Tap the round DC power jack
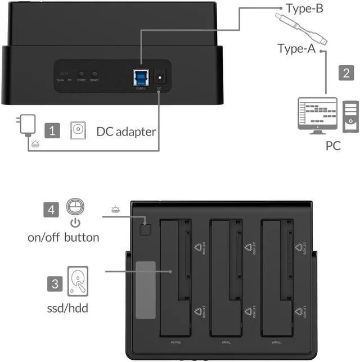click(x=160, y=78)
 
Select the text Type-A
click(x=296, y=48)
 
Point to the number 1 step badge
click(x=52, y=131)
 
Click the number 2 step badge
click(x=345, y=73)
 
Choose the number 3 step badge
click(x=55, y=283)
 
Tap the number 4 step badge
click(x=51, y=210)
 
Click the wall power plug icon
click(x=26, y=124)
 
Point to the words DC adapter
click(x=126, y=132)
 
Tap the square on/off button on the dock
click(x=146, y=229)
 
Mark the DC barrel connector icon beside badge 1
click(x=78, y=131)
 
